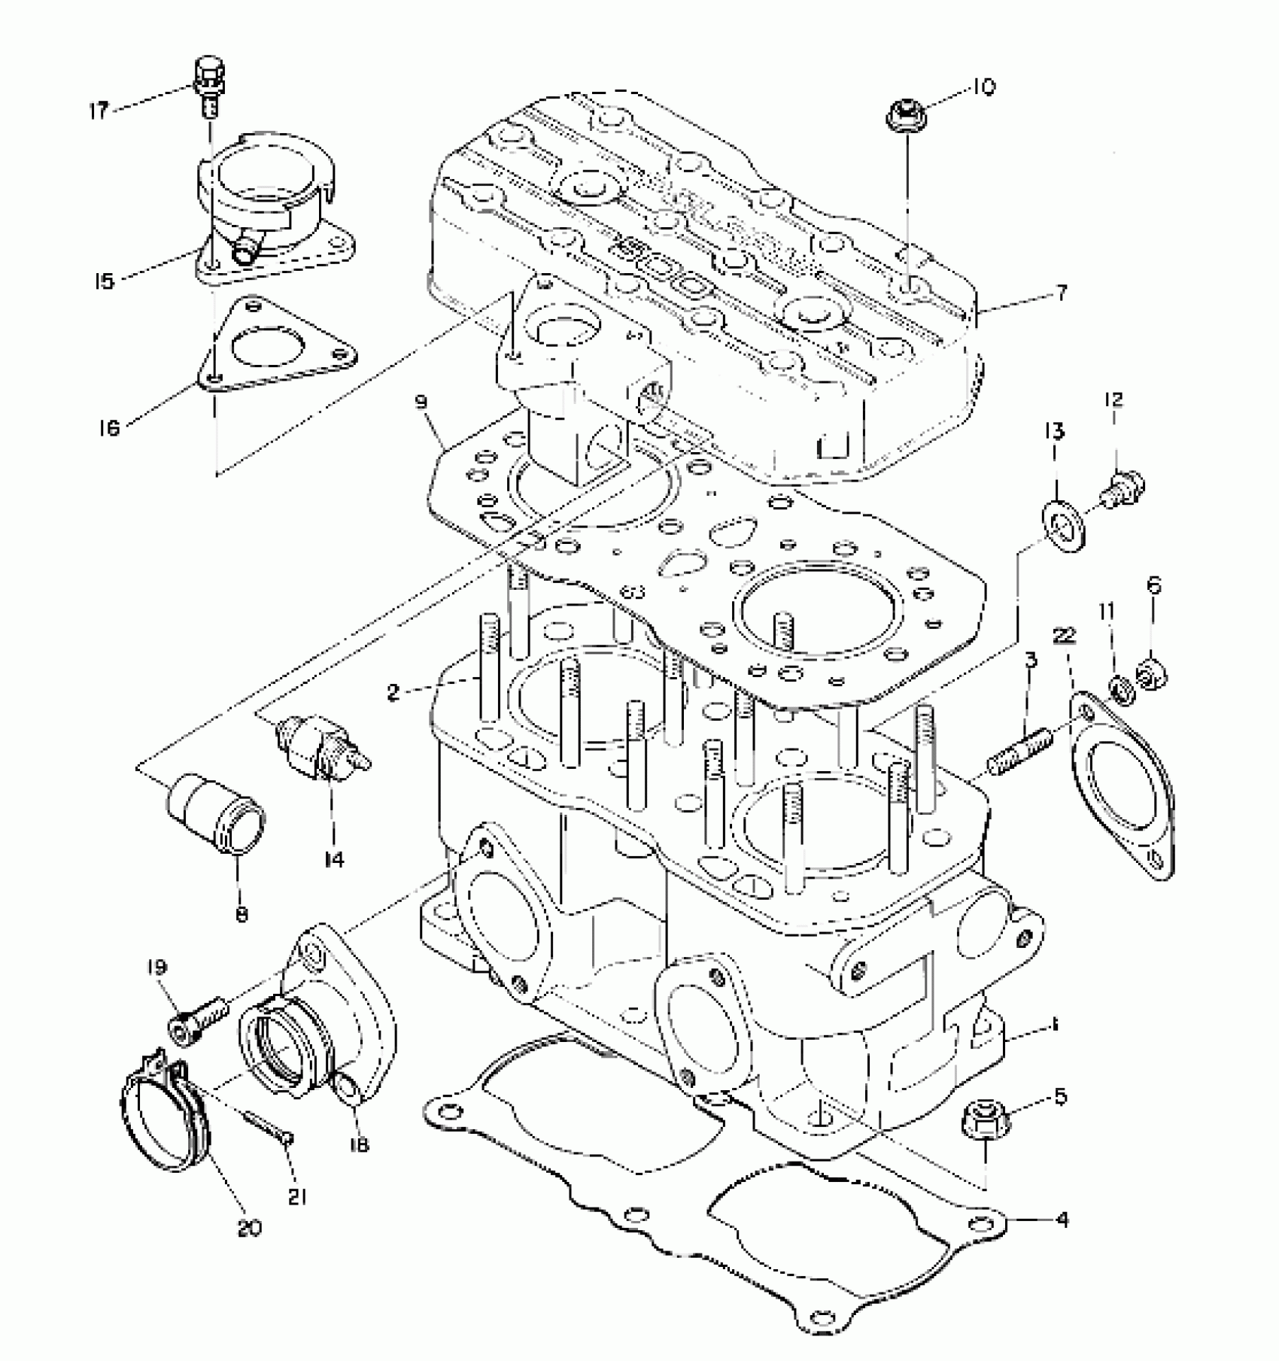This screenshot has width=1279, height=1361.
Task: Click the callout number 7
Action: coord(1061,293)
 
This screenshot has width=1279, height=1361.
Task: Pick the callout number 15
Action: coord(104,281)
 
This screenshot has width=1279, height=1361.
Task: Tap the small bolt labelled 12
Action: coord(1123,488)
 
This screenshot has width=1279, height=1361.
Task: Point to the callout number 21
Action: coord(296,1196)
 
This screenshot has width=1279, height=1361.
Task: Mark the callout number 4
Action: coord(1062,1220)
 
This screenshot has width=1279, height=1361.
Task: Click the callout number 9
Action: coord(421,403)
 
